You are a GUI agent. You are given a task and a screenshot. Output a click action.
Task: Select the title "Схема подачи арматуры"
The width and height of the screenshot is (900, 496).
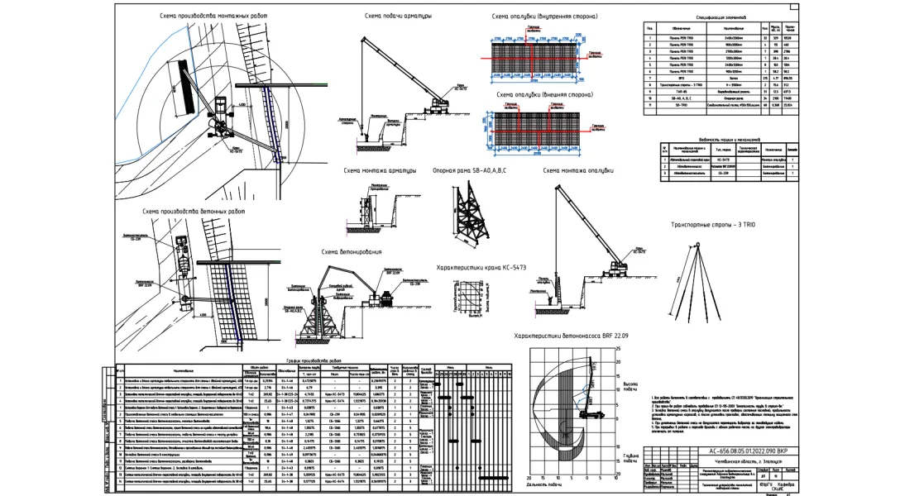click(x=398, y=16)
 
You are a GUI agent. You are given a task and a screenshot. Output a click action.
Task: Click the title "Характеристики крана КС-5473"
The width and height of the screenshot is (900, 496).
click(x=481, y=267)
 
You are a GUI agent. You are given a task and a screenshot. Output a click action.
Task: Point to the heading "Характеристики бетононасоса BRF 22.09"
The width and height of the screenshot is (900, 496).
click(x=572, y=336)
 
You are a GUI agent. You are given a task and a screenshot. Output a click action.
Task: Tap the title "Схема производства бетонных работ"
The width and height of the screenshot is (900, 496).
click(x=193, y=212)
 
